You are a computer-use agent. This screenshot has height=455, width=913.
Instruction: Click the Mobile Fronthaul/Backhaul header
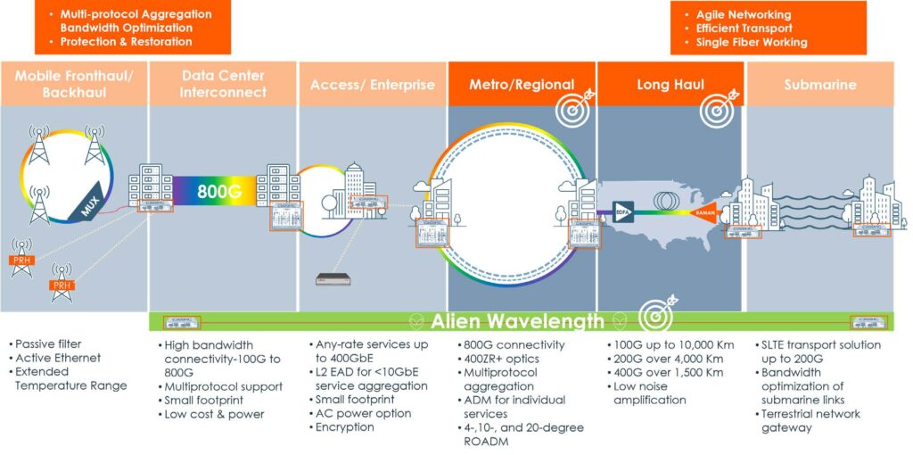click(x=73, y=84)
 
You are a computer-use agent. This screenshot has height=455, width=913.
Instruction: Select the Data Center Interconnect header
click(x=223, y=84)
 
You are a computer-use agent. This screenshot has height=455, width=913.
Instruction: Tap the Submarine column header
click(x=819, y=85)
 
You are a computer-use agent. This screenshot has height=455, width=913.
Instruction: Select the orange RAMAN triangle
click(x=701, y=212)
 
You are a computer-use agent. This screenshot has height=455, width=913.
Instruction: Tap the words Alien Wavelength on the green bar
click(x=518, y=321)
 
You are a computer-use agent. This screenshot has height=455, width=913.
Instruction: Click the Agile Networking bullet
click(x=743, y=15)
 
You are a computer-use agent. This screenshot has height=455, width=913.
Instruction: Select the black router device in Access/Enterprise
click(x=333, y=279)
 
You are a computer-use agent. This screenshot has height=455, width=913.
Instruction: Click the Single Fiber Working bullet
click(x=751, y=42)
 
